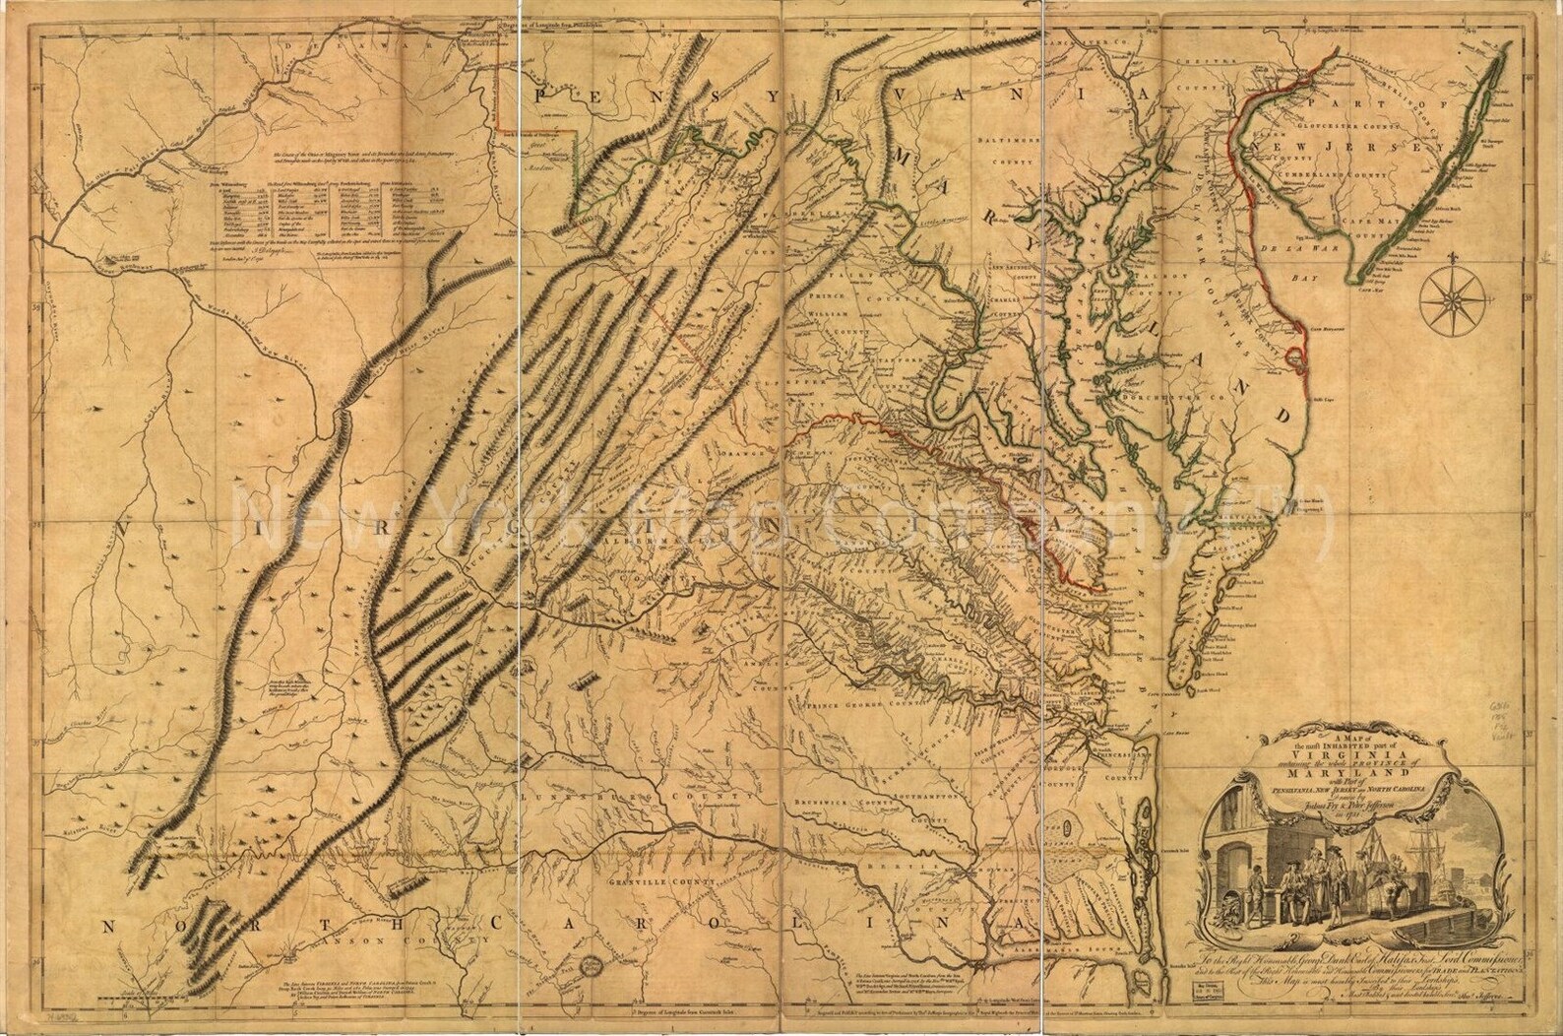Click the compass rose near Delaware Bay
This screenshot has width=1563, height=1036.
coord(1455,295)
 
